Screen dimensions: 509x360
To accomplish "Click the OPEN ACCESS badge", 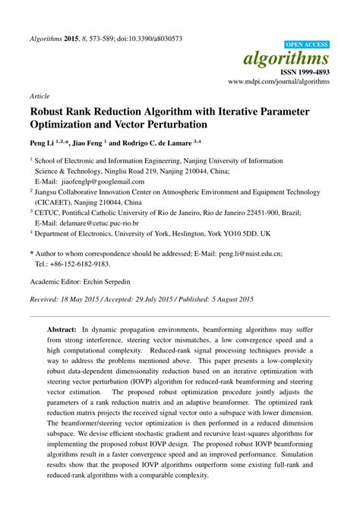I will click(x=306, y=45).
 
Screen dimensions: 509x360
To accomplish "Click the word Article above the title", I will click(x=39, y=97).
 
